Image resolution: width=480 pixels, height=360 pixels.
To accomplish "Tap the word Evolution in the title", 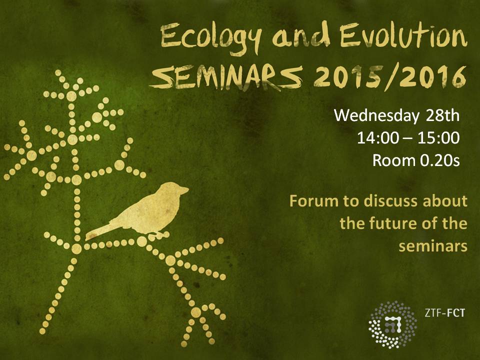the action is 403,36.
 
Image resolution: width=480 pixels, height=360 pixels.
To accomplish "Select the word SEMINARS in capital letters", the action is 226,77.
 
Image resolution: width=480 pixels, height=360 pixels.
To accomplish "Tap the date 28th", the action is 442,115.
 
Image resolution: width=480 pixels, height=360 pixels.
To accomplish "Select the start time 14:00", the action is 378,138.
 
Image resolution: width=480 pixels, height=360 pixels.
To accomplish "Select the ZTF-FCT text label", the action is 444,313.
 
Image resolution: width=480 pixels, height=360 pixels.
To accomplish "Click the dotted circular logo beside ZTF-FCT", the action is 393,324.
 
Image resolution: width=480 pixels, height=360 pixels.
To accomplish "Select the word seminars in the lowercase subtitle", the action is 433,246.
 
